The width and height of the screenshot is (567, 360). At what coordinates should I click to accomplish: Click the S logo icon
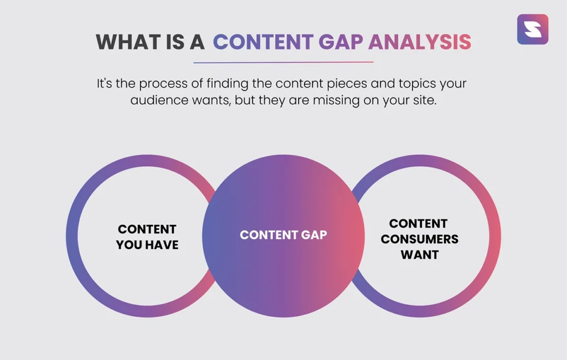[x=532, y=29]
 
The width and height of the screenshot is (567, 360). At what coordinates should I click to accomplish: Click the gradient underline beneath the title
[x=283, y=62]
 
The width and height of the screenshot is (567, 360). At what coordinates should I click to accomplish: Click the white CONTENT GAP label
[x=283, y=235]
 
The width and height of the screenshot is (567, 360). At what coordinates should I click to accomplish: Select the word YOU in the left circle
[x=130, y=245]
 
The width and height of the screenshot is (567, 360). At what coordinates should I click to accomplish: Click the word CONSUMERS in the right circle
[x=419, y=239]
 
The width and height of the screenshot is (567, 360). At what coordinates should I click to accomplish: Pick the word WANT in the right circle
[x=419, y=255]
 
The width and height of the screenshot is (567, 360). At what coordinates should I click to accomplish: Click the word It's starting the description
[x=106, y=84]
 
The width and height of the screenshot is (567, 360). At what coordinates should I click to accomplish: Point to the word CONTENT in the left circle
[x=147, y=229]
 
